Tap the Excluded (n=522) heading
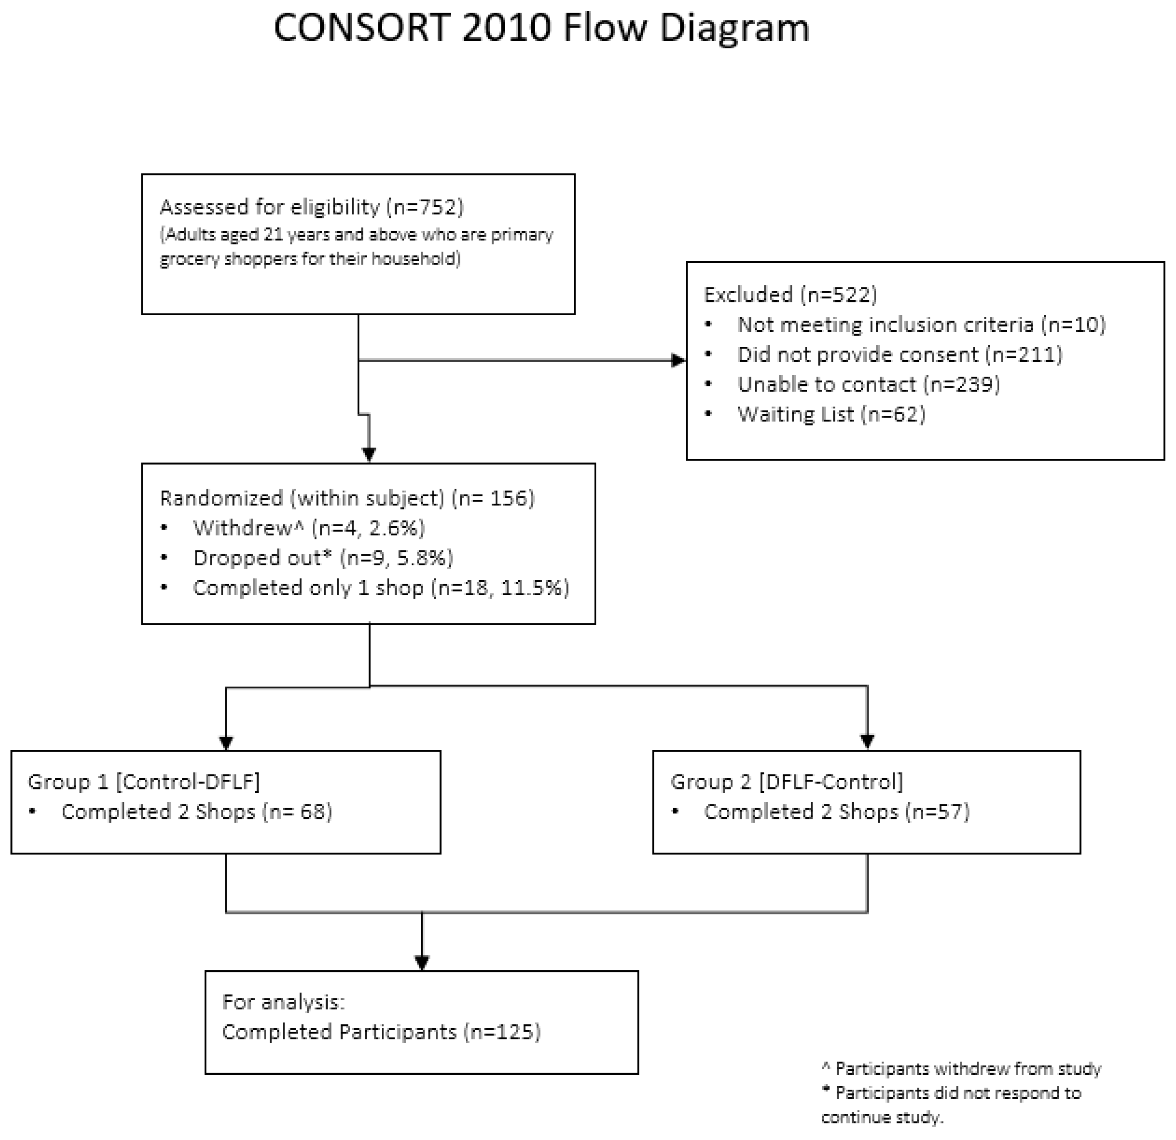tap(790, 294)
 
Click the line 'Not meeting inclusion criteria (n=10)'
tap(921, 324)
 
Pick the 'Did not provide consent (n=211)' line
tap(899, 355)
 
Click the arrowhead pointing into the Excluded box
tap(678, 361)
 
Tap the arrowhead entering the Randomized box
tap(369, 454)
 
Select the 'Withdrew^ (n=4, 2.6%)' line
tap(309, 528)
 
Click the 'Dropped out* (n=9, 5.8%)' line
tap(323, 558)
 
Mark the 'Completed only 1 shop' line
tap(381, 588)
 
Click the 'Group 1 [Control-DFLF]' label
tap(144, 782)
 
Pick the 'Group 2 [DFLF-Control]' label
tap(787, 782)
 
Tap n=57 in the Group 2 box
tap(937, 812)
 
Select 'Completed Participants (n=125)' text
tap(381, 1032)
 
